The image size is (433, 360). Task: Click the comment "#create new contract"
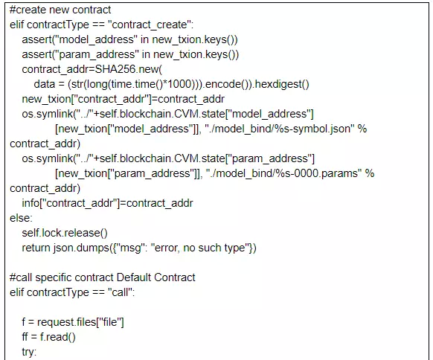[x=60, y=10]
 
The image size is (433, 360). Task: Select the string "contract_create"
[x=150, y=25]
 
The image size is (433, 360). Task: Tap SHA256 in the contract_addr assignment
[x=115, y=69]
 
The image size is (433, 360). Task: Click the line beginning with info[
[x=107, y=203]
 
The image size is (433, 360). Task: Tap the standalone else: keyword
[x=21, y=218]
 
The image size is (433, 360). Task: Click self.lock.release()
[x=65, y=233]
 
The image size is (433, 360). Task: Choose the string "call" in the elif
[x=120, y=292]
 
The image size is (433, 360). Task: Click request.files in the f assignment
[x=66, y=322]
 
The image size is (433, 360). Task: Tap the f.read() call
[x=58, y=337]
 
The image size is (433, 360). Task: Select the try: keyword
[x=29, y=352]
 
